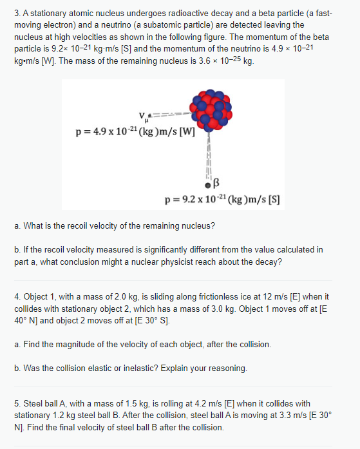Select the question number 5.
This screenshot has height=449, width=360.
point(17,403)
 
